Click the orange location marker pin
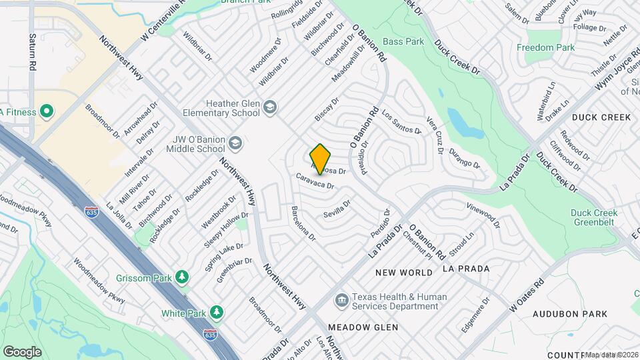(321, 159)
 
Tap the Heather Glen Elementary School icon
(270, 107)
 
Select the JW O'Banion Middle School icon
(235, 143)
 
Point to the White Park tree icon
(215, 312)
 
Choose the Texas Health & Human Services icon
(341, 301)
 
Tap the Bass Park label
(404, 41)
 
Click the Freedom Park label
(546, 48)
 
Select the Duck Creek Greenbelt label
(594, 218)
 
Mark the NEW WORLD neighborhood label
(403, 273)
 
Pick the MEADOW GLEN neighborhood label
(363, 327)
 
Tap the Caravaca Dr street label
(315, 181)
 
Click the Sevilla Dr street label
(336, 210)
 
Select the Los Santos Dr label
(401, 122)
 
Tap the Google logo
(22, 351)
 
